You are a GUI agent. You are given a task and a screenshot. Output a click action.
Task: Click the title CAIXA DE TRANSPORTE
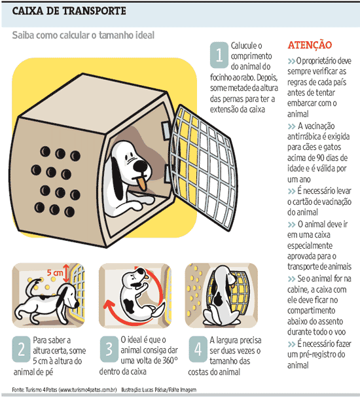point(69,11)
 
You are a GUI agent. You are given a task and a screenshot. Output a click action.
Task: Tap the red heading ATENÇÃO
point(310,45)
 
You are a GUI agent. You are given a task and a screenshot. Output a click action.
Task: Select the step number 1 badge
point(219,55)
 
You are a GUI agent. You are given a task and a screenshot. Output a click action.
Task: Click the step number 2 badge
point(22,350)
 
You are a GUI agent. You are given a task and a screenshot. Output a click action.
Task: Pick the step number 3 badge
point(109,349)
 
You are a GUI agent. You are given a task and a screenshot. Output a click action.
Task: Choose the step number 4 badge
point(198,349)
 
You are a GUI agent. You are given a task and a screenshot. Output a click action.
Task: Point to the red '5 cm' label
point(54,273)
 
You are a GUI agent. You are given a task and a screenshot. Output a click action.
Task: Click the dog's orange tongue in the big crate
point(141,183)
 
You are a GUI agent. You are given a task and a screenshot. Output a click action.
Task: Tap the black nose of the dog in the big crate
point(140,166)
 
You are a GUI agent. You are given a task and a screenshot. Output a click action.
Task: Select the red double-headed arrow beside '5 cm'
point(66,273)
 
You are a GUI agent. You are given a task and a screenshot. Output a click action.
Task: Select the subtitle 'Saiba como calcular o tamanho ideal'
point(83,35)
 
